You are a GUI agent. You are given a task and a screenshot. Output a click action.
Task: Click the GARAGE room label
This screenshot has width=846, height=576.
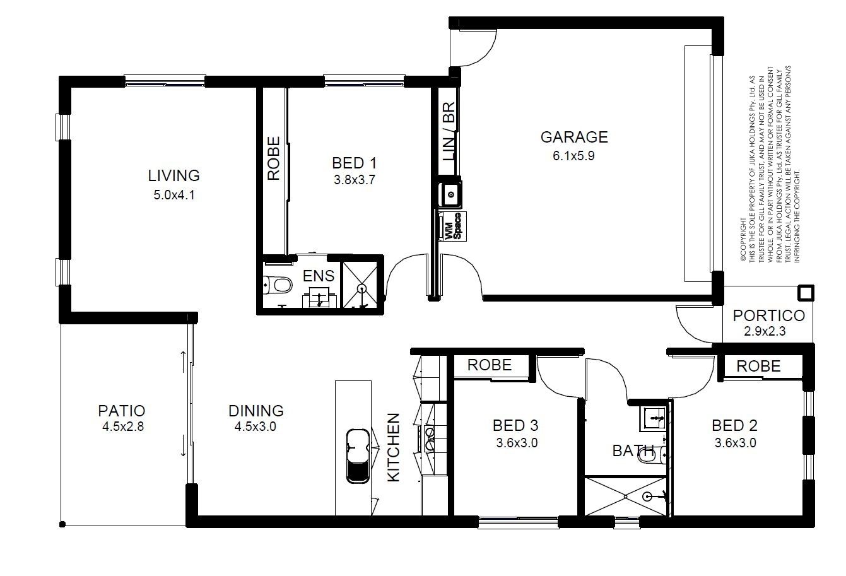[x=574, y=137]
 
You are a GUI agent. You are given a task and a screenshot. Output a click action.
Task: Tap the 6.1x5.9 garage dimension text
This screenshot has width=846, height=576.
[x=573, y=156]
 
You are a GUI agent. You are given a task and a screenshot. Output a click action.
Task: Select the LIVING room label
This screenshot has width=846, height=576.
[x=173, y=175]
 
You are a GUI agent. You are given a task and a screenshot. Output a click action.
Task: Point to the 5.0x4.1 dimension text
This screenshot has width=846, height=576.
[x=174, y=195]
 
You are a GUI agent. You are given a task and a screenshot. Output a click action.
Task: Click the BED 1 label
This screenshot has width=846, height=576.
[x=355, y=163]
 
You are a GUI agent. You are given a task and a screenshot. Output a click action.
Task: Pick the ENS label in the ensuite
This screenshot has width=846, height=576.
[x=319, y=276]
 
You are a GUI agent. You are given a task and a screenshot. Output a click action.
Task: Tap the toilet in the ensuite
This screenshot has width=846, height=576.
[x=278, y=285]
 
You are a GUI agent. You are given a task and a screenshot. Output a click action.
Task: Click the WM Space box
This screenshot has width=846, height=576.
[x=452, y=226]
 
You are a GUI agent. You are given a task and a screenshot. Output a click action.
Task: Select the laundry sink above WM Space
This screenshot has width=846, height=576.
[x=450, y=194]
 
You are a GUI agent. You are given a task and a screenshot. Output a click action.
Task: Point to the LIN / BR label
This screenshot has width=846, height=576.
[x=449, y=131]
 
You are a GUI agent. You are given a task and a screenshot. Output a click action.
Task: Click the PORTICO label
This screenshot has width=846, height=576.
[x=769, y=316]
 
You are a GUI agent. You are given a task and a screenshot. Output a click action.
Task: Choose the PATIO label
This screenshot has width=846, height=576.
[x=122, y=411]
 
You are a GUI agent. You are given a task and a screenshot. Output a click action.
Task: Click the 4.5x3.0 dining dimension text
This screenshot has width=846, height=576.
[x=256, y=426]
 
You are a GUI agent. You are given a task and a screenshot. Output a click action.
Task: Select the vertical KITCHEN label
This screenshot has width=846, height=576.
[x=394, y=447]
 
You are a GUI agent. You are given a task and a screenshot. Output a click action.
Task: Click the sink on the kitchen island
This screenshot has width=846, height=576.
[x=357, y=456]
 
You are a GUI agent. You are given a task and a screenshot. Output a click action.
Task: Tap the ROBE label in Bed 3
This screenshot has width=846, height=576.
[x=490, y=365]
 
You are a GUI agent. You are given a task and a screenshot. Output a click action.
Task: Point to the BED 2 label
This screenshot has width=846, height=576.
[x=734, y=426]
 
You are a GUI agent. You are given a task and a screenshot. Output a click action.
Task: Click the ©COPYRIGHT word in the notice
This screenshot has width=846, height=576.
[x=743, y=240]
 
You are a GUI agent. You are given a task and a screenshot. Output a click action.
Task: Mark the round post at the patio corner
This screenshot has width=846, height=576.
[x=62, y=524]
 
